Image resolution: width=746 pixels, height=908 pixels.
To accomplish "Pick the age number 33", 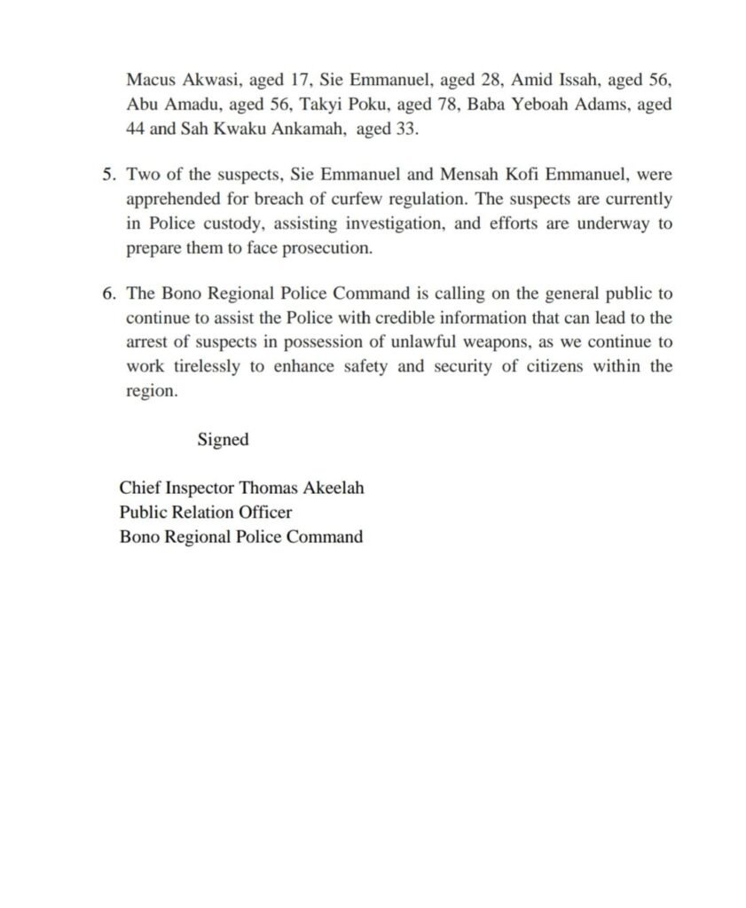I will tap(406, 128).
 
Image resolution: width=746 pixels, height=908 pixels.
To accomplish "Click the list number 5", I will tap(107, 176).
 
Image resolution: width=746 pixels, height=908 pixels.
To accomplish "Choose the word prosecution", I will tap(326, 247).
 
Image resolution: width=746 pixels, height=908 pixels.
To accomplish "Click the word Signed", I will tap(223, 440).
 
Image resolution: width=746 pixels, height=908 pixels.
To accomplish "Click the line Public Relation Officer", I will tap(206, 512).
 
